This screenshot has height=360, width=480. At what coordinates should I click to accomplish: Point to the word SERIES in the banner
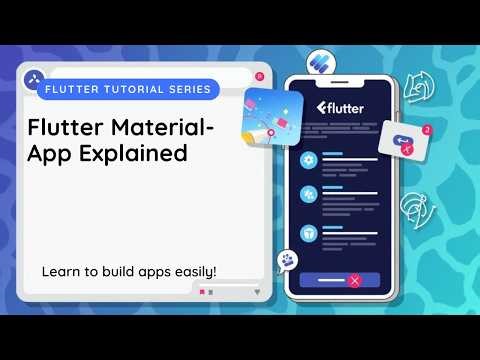click(x=184, y=89)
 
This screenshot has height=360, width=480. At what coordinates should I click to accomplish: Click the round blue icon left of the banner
click(x=33, y=76)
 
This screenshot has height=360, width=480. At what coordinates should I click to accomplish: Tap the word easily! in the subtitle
click(x=189, y=271)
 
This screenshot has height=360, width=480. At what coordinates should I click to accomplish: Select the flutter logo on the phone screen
click(x=340, y=108)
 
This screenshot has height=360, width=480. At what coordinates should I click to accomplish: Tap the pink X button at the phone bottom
click(x=354, y=281)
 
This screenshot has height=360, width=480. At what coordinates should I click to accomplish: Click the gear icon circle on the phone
click(x=309, y=160)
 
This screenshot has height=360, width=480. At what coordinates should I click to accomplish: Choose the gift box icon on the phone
click(x=309, y=231)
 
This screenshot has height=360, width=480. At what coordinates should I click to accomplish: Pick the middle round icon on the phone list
click(x=309, y=195)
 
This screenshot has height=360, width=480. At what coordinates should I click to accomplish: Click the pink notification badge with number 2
click(x=427, y=130)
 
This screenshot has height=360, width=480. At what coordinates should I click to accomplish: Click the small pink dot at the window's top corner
click(x=259, y=76)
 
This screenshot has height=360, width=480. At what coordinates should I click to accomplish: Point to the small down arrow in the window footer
click(x=257, y=291)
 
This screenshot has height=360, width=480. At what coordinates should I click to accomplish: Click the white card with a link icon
click(x=404, y=143)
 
